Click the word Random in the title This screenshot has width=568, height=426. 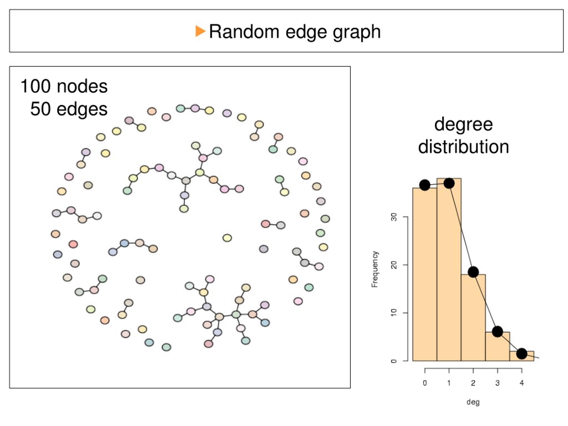(x=244, y=32)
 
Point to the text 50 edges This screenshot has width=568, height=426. (x=69, y=109)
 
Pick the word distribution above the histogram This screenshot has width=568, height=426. (x=463, y=147)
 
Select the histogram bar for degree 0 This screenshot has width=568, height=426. (x=425, y=274)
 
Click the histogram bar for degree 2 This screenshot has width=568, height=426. (x=473, y=318)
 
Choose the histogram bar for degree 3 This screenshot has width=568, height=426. (x=497, y=346)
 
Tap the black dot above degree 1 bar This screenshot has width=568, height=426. (x=449, y=183)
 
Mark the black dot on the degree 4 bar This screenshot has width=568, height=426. (x=522, y=354)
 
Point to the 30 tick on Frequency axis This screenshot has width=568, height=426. (x=394, y=217)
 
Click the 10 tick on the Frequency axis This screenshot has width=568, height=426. (x=394, y=313)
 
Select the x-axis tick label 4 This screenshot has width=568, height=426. (x=522, y=383)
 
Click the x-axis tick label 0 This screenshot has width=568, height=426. (x=425, y=383)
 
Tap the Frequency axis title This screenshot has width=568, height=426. (x=375, y=269)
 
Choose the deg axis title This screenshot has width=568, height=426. (x=473, y=402)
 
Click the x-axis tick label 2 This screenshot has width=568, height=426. (x=473, y=383)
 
